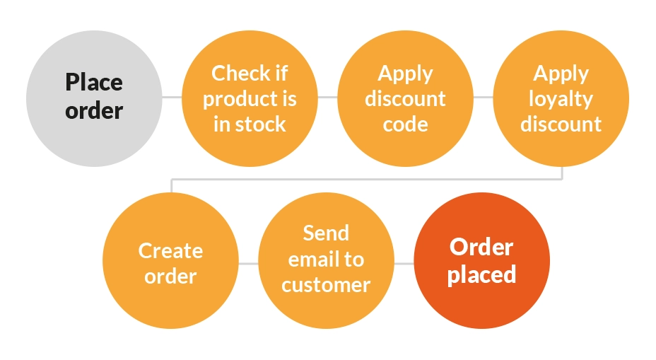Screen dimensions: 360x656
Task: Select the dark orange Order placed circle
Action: (481, 260)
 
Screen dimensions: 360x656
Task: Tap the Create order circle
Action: (170, 262)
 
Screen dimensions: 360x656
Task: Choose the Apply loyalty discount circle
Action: (561, 98)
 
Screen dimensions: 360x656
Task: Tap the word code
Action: (405, 124)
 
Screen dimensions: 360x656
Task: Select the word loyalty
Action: (561, 99)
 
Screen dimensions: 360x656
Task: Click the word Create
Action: (170, 250)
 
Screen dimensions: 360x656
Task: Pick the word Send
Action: (326, 233)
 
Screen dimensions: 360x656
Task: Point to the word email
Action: (309, 259)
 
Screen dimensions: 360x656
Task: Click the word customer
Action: (326, 284)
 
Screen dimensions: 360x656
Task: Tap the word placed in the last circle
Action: (481, 274)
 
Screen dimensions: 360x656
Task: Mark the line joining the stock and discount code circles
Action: (327, 96)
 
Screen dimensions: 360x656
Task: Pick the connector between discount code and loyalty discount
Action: (483, 97)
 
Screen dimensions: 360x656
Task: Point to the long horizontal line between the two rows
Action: (368, 178)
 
